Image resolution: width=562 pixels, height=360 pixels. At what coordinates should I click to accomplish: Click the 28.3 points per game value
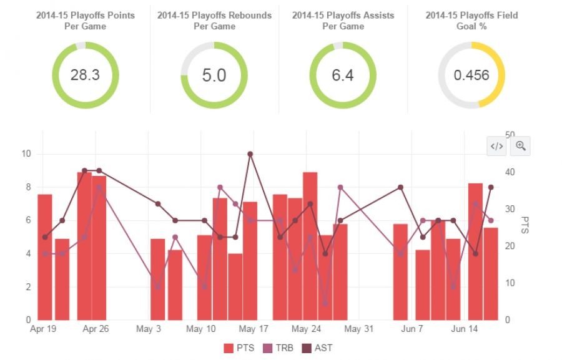(85, 75)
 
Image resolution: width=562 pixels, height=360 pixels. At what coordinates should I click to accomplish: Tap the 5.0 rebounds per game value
(214, 75)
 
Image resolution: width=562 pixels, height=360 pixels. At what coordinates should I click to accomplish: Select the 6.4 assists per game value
(342, 75)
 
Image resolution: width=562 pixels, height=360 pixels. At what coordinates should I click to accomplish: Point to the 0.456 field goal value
(471, 75)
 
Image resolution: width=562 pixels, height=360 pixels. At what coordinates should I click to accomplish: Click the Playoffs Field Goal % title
(471, 21)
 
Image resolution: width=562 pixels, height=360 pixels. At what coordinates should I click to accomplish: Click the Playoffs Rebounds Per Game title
(214, 21)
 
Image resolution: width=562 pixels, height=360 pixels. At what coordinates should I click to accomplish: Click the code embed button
(496, 147)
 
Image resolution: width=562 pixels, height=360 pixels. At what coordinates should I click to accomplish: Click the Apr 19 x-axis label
(44, 329)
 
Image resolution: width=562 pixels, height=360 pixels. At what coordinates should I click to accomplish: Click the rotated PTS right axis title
(526, 226)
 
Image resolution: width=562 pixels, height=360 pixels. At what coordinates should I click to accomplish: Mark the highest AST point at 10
(250, 153)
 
